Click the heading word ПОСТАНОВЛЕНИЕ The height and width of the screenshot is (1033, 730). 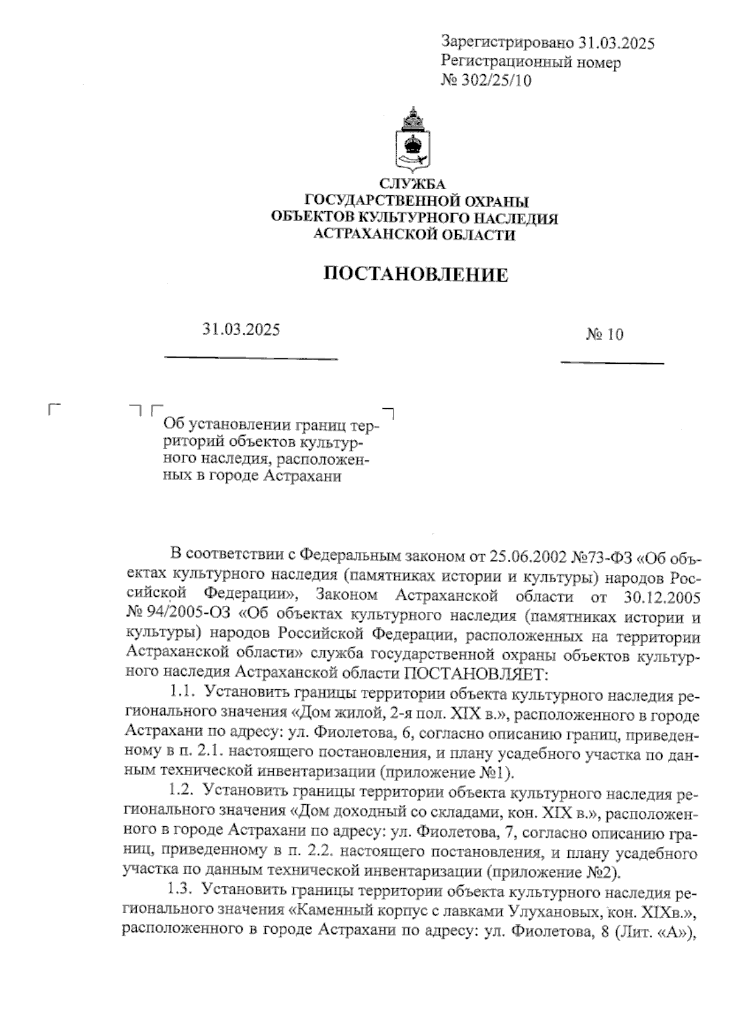click(x=415, y=274)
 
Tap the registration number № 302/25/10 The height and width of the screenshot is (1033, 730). click(x=486, y=80)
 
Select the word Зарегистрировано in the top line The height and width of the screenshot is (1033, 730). click(x=507, y=43)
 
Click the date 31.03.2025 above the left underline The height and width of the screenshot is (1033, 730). click(x=242, y=330)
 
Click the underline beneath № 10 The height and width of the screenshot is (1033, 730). click(x=611, y=363)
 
